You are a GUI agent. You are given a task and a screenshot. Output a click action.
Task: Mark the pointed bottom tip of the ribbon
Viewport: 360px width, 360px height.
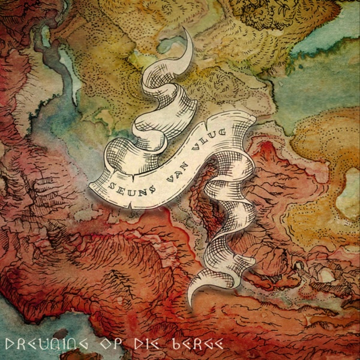pos(191,306)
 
